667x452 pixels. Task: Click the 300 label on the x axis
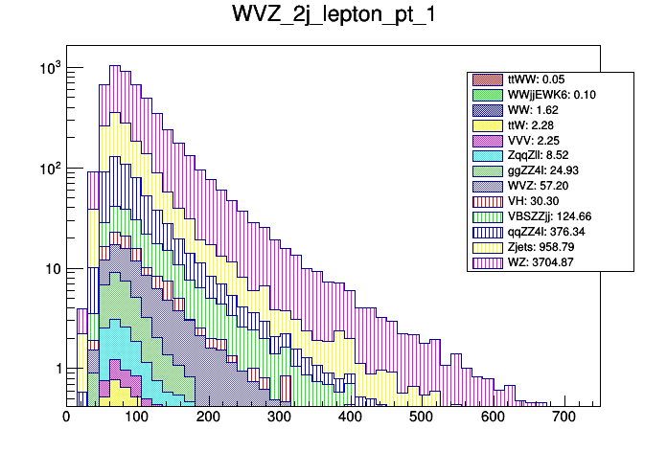tap(279, 418)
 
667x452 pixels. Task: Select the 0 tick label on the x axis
tap(66, 418)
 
